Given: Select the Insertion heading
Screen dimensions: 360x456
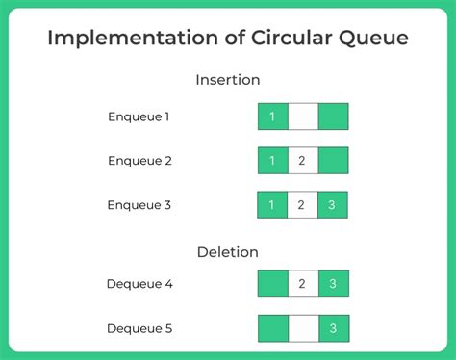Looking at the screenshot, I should point(228,80).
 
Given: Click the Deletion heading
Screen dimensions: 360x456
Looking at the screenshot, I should point(228,252).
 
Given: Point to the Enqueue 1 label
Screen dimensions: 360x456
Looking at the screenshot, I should point(139,116).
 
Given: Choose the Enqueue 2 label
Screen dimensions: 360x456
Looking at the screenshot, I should point(139,161).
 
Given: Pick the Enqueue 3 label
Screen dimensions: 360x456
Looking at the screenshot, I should point(139,205).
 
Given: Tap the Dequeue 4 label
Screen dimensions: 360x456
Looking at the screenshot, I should point(140,284).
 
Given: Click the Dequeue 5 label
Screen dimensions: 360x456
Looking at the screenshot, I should point(140,328).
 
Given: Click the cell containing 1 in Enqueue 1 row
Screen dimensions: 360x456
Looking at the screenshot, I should point(273,116).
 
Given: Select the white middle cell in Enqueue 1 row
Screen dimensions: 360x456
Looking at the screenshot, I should point(303,116).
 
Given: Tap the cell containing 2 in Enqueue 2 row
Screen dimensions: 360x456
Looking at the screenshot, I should point(303,161).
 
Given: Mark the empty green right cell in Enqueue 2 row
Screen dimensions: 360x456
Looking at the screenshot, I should point(333,161).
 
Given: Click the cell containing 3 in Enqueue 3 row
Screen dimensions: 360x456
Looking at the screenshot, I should point(333,205).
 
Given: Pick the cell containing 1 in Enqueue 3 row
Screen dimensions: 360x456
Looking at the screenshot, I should point(273,205).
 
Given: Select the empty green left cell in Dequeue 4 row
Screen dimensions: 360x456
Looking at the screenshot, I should point(273,284).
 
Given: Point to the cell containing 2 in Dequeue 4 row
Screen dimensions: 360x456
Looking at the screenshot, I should point(303,284).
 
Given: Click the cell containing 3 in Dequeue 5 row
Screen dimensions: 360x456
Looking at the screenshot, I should point(333,328).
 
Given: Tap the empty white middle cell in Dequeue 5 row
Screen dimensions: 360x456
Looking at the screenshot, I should point(303,328).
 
